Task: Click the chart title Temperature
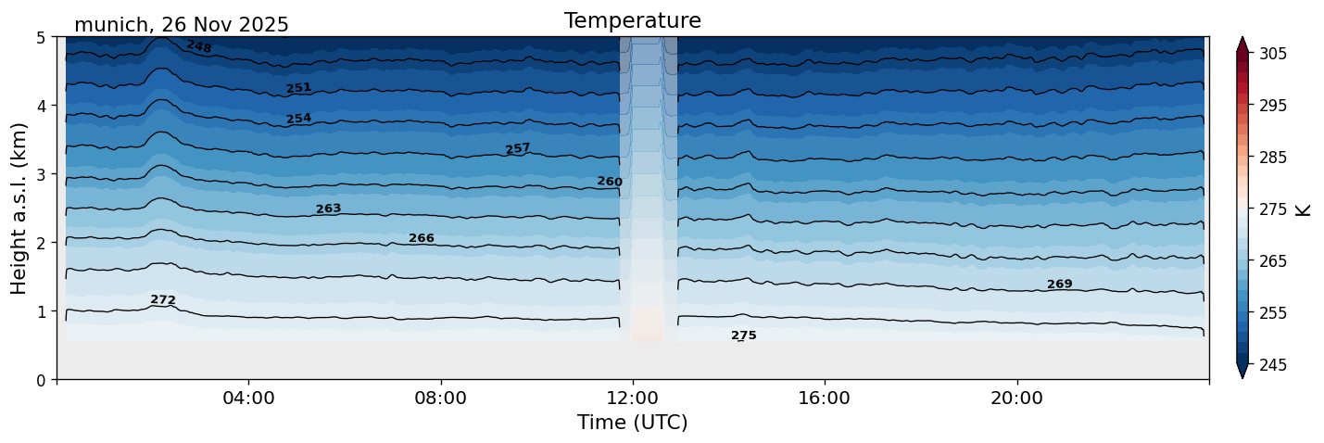[x=632, y=20]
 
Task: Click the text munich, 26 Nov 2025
[x=182, y=25]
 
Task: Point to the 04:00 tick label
[x=248, y=399]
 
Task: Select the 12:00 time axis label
[x=633, y=399]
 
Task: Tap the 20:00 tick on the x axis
[x=1016, y=399]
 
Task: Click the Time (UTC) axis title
[x=632, y=423]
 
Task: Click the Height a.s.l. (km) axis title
[x=19, y=208]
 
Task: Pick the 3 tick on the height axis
[x=42, y=174]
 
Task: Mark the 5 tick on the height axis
[x=42, y=37]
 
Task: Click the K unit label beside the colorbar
[x=1304, y=209]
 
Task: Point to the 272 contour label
[x=163, y=300]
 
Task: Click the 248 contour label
[x=199, y=46]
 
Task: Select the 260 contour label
[x=610, y=182]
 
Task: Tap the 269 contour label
[x=1059, y=285]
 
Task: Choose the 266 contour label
[x=422, y=239]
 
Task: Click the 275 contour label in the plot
[x=743, y=335]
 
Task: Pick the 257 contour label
[x=517, y=149]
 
